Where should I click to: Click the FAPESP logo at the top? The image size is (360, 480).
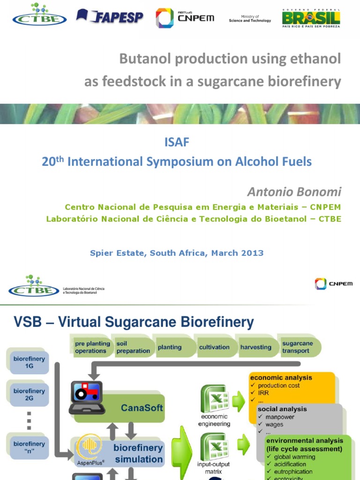[x=110, y=17]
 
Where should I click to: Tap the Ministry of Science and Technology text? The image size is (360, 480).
[x=250, y=18]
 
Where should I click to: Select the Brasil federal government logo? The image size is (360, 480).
[x=311, y=18]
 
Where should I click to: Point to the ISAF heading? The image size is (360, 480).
[x=177, y=142]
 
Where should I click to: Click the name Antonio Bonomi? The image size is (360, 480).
[x=294, y=192]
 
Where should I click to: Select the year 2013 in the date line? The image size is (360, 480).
[x=253, y=253]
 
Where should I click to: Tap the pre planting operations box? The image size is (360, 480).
[x=92, y=347]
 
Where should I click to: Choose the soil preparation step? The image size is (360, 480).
[x=133, y=347]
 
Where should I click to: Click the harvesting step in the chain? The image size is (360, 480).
[x=255, y=347]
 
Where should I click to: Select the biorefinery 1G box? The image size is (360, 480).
[x=29, y=363]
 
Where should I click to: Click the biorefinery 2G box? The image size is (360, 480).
[x=29, y=395]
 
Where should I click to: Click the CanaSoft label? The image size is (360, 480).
[x=142, y=408]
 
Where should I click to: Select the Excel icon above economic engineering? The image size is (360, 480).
[x=214, y=398]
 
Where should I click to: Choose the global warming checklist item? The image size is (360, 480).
[x=296, y=457]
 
